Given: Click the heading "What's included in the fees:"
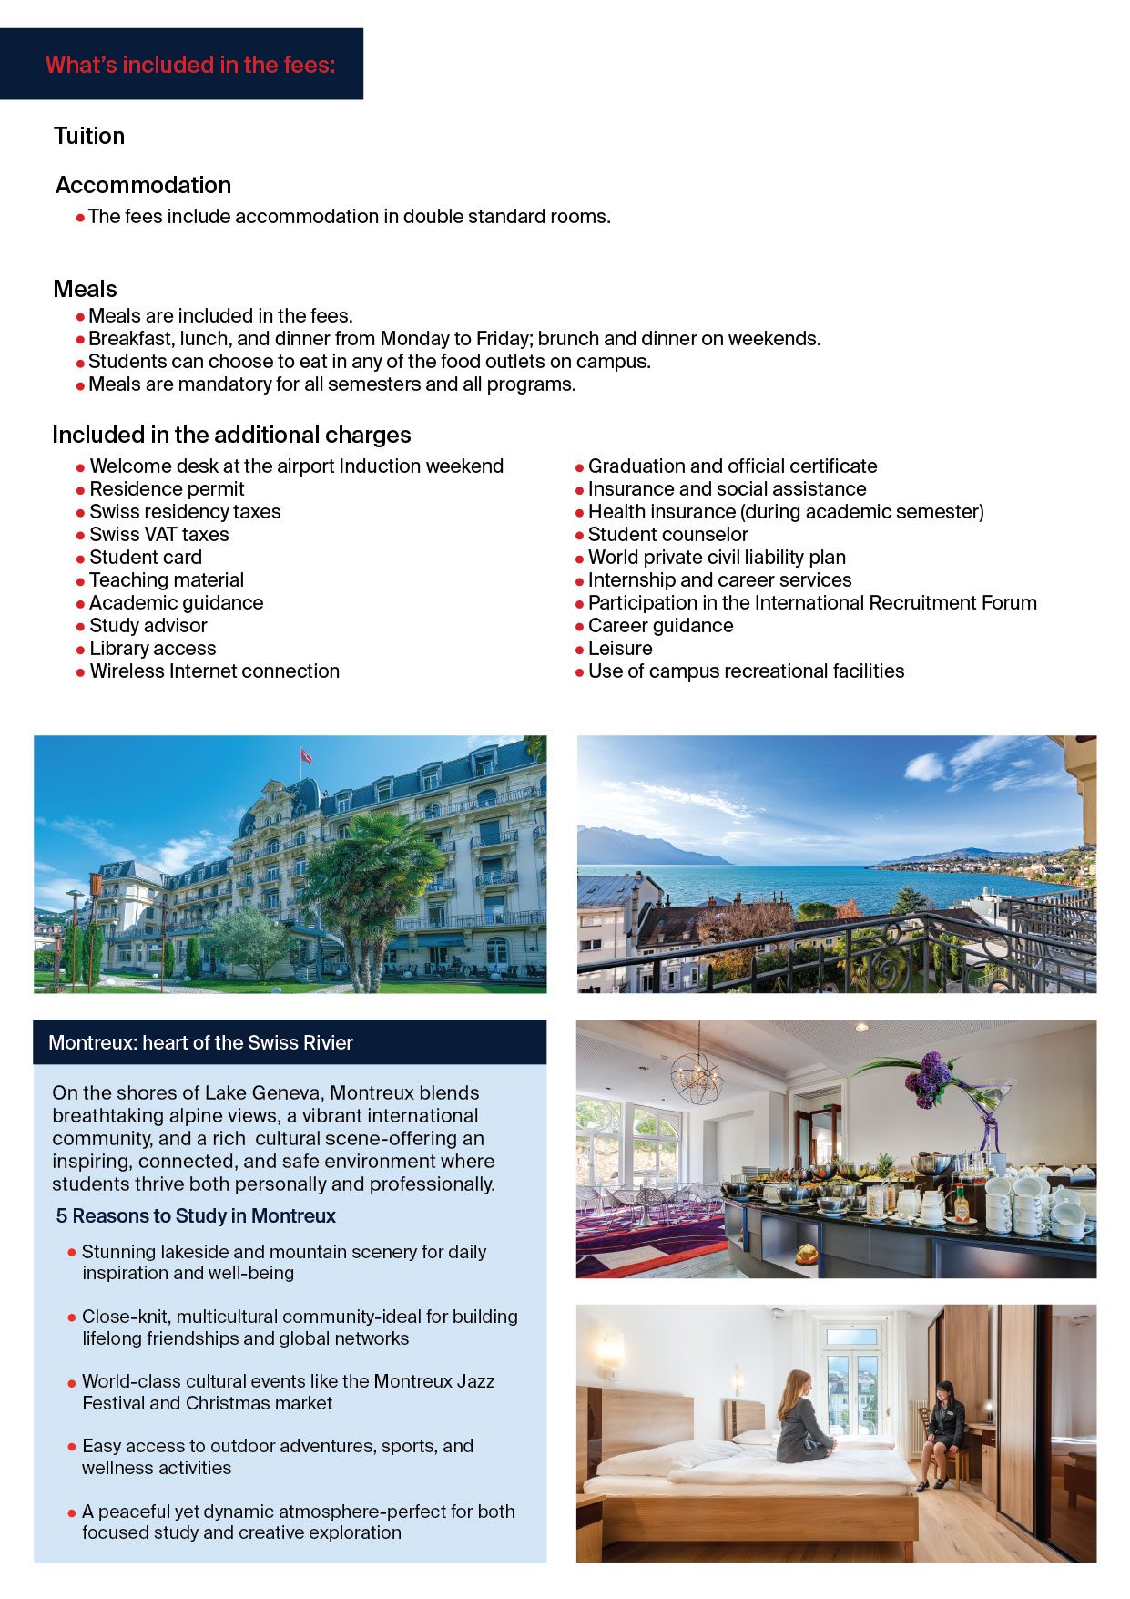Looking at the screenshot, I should point(190,65).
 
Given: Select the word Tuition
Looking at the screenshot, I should point(89,136).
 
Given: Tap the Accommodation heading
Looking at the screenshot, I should point(143,185).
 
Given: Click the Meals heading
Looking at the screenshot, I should point(85,289).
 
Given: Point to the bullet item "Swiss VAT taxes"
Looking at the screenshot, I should point(158,535).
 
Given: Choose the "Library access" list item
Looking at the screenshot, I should point(152,649).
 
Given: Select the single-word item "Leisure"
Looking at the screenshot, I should point(620,649).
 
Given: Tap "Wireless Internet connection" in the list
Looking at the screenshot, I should point(214,671).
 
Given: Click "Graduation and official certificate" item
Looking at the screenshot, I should point(732,466).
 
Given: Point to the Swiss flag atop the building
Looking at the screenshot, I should point(306,756).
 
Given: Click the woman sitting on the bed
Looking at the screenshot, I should point(803,1417).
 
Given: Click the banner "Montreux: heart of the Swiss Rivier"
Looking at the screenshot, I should point(200,1043).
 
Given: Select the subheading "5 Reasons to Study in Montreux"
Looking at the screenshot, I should point(196,1216).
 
